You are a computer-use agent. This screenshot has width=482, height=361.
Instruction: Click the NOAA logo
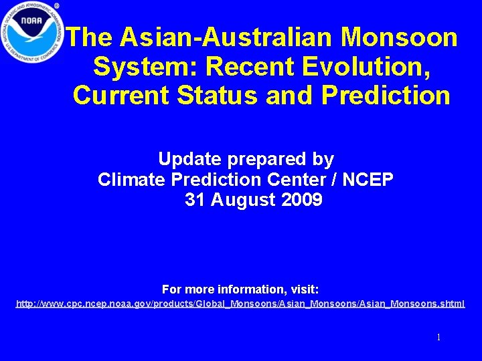pyautogui.click(x=31, y=32)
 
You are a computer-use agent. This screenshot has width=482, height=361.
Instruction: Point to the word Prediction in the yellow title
pyautogui.click(x=386, y=95)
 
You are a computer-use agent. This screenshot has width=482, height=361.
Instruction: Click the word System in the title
pyautogui.click(x=145, y=66)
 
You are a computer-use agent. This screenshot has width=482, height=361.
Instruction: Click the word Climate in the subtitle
pyautogui.click(x=131, y=179)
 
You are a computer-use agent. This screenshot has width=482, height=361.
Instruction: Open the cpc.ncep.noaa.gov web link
pyautogui.click(x=240, y=304)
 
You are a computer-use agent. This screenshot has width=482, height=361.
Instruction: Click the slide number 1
pyautogui.click(x=438, y=337)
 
